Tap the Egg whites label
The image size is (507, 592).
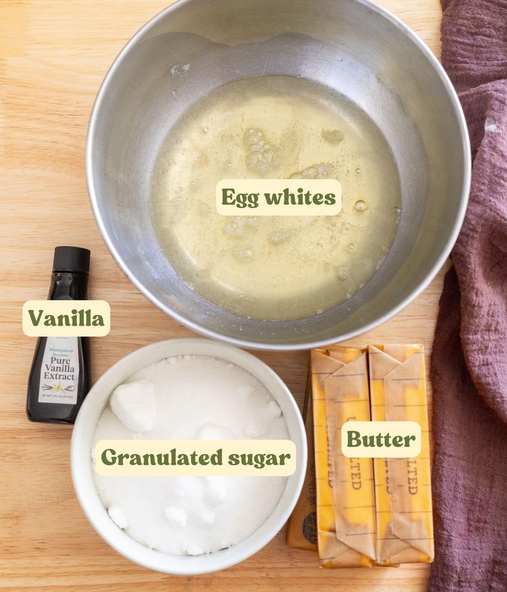pyautogui.click(x=278, y=197)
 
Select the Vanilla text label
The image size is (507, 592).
pyautogui.click(x=66, y=318)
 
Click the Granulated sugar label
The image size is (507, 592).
pyautogui.click(x=196, y=458)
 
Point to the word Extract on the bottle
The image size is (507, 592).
pyautogui.click(x=58, y=376)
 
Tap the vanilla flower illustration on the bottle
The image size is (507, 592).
pyautogui.click(x=58, y=386)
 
